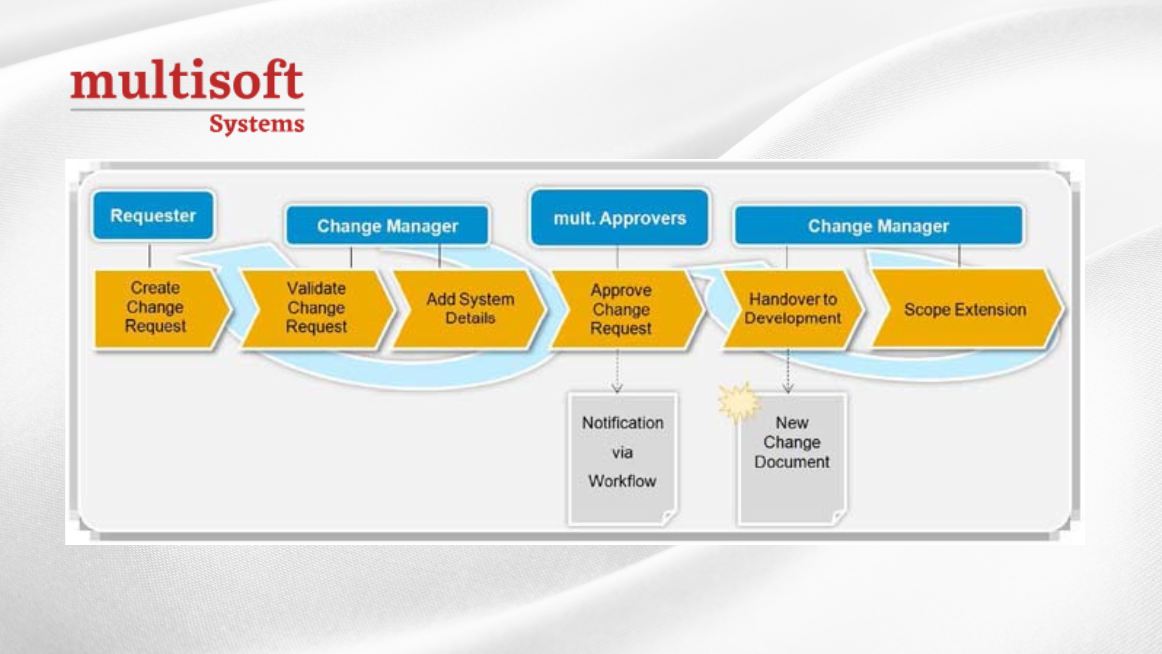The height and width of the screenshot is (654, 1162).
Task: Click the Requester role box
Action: (x=153, y=215)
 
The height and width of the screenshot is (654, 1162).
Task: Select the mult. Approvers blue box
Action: (x=619, y=218)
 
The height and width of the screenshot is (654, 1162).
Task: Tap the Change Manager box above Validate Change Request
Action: (x=387, y=226)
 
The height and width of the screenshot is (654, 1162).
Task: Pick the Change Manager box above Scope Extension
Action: (x=878, y=226)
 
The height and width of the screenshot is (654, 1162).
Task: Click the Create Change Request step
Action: (x=156, y=307)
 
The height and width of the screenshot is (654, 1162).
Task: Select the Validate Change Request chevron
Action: (x=316, y=308)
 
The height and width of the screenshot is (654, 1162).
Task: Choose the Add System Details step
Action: (x=469, y=308)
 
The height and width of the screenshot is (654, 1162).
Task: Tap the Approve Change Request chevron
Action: (x=621, y=309)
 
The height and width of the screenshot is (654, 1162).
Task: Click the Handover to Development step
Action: (x=792, y=309)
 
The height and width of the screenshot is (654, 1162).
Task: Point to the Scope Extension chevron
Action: (x=965, y=309)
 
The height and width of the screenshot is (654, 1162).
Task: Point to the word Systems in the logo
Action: (x=256, y=124)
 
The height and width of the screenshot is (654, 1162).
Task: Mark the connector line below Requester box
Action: (x=150, y=256)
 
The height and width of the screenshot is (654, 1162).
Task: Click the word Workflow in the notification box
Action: (x=622, y=481)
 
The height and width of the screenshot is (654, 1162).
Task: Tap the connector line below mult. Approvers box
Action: (x=617, y=257)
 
